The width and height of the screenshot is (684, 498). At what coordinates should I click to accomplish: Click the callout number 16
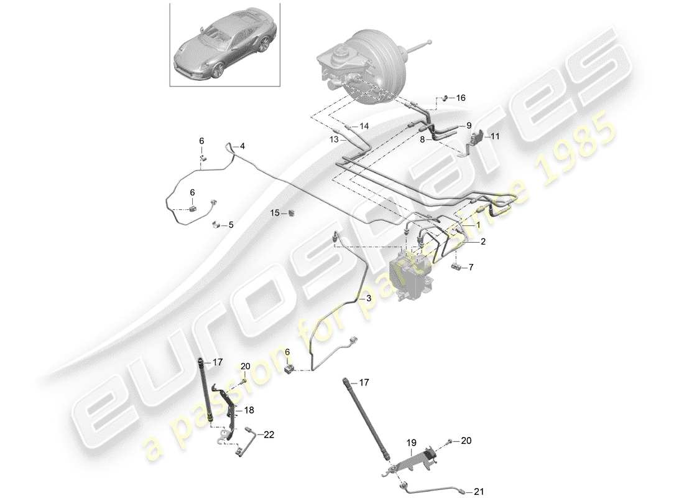tap(460, 98)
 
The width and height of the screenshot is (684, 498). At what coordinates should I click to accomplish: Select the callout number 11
tap(495, 136)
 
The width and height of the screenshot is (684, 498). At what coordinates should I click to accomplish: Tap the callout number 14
tap(364, 126)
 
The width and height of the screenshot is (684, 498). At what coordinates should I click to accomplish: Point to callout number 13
tap(333, 140)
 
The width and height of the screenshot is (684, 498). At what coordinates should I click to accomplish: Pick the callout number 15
tap(275, 213)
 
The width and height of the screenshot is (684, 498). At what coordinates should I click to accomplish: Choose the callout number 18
tap(249, 410)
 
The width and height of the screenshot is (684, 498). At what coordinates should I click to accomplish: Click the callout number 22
tap(269, 435)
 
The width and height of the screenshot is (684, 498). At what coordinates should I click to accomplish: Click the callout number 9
tap(469, 125)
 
